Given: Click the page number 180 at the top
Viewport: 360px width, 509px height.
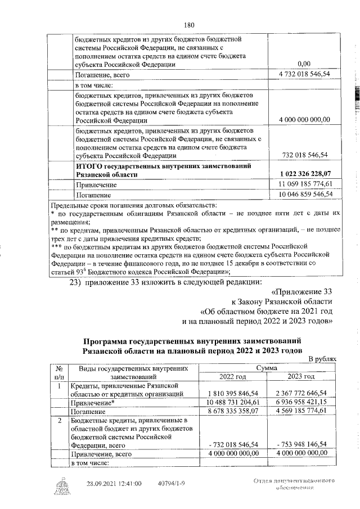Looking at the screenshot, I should (x=189, y=24).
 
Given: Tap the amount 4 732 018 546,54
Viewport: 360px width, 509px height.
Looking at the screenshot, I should (x=304, y=74).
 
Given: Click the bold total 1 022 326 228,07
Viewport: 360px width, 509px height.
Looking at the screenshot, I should (x=304, y=174).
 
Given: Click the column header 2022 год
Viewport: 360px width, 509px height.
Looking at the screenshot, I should (x=232, y=376).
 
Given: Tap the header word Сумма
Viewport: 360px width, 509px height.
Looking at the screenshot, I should (x=267, y=367).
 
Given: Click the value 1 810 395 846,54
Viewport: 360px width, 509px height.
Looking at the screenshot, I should (x=232, y=394).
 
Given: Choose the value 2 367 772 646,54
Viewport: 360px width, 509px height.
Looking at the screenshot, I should (x=301, y=394).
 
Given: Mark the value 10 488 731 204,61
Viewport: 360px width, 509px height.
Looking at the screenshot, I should (x=232, y=403).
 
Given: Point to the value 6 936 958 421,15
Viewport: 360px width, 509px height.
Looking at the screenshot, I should (x=301, y=403).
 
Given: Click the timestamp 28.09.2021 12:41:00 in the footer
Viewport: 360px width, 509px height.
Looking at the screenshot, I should (x=114, y=483).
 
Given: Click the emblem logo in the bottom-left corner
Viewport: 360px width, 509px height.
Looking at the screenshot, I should (x=58, y=484).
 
